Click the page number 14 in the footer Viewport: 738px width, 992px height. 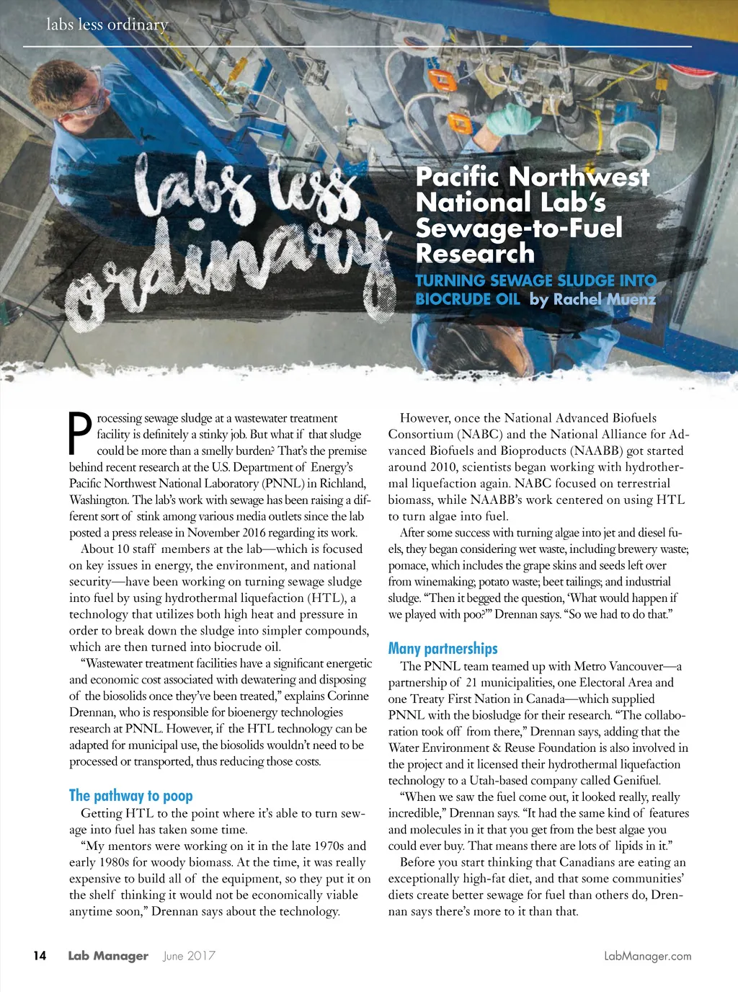tap(40, 955)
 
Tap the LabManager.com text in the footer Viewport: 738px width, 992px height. tap(647, 956)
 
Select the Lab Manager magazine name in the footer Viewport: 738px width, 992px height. tap(108, 955)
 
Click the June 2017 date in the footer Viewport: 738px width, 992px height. tap(189, 956)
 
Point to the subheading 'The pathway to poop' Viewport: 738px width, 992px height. tap(130, 796)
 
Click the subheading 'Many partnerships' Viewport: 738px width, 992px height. tap(443, 649)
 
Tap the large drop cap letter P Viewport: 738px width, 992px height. tap(79, 433)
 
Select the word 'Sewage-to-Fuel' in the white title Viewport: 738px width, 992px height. tap(519, 228)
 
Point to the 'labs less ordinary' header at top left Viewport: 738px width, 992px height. tap(107, 25)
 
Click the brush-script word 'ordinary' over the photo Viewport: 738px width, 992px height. tap(223, 274)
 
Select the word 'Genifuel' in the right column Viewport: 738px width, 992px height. tap(636, 780)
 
